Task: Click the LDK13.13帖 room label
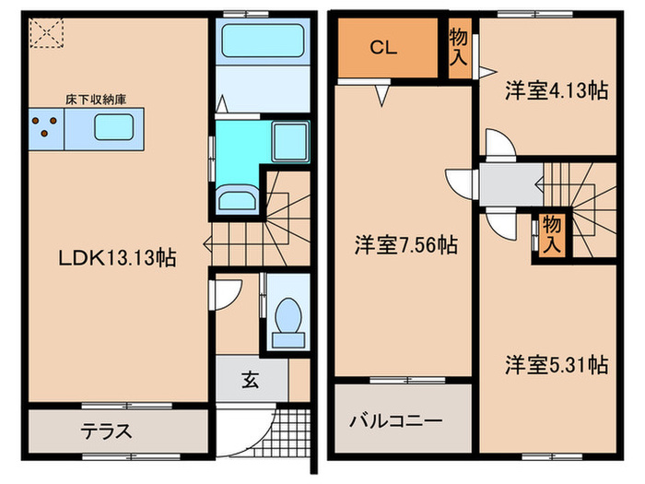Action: click(x=117, y=258)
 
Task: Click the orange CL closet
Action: click(x=384, y=50)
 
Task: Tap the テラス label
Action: click(x=104, y=431)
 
